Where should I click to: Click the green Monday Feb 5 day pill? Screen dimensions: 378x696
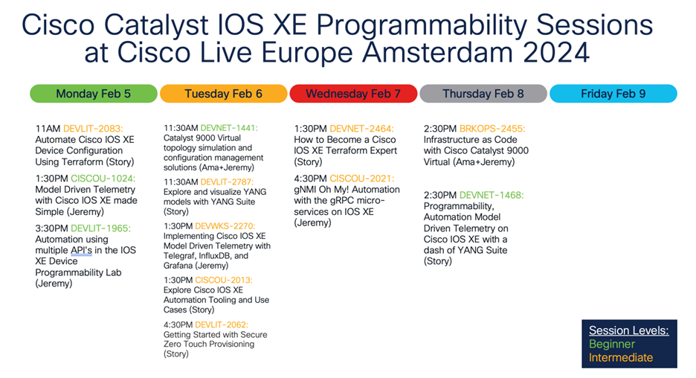[94, 94]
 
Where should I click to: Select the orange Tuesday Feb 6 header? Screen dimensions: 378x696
[223, 94]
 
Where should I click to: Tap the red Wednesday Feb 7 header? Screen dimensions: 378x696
[352, 94]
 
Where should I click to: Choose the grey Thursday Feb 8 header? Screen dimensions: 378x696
[483, 94]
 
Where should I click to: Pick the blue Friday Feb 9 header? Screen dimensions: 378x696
[613, 94]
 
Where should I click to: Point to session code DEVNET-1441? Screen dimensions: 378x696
[226, 128]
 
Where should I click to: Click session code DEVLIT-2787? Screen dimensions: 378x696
[225, 182]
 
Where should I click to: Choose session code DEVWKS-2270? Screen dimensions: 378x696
[225, 225]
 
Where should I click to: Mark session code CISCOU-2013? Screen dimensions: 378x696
[224, 280]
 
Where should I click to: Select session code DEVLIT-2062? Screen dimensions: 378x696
[221, 324]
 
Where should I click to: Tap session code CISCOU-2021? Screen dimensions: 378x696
[362, 179]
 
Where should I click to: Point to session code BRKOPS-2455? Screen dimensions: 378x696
[492, 129]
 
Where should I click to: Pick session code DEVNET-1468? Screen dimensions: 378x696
[491, 195]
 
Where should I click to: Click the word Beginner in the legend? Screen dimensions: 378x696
[611, 345]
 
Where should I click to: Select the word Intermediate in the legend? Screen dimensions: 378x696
[620, 358]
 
